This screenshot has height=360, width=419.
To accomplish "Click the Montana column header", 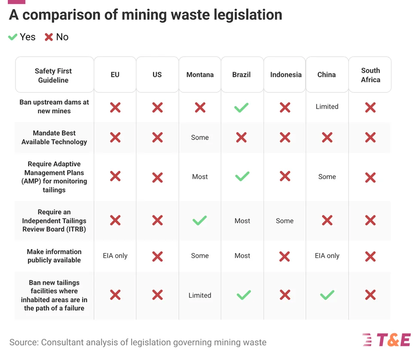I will [x=200, y=75].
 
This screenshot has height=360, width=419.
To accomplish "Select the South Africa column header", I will [x=370, y=75].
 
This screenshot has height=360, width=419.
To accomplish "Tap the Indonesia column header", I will [x=285, y=75].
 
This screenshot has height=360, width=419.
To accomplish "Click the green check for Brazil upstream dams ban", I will [x=242, y=107].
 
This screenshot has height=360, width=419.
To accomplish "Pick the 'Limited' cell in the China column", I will [x=327, y=107].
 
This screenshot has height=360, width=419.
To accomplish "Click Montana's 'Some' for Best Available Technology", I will [x=200, y=137].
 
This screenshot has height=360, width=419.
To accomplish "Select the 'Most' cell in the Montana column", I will [x=200, y=177].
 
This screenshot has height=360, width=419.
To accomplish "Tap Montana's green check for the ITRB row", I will [x=199, y=220].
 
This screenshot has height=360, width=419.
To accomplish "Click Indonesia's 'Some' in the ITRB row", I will [x=284, y=221].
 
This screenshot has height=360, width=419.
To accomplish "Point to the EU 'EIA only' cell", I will [x=115, y=256].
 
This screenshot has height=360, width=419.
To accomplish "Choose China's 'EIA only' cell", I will [x=327, y=256].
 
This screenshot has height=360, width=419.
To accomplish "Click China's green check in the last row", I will [x=327, y=295].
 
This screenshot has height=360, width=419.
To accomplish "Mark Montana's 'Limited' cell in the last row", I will [x=200, y=295].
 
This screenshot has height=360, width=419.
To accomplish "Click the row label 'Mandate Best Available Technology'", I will [x=54, y=137].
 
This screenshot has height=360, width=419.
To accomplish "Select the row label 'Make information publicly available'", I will [x=54, y=256].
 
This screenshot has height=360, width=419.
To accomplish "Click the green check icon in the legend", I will [x=12, y=37].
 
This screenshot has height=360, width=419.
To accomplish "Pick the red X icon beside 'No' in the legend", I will [x=49, y=37].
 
